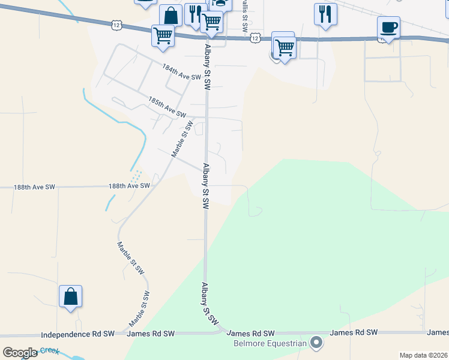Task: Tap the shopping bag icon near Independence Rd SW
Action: pyautogui.click(x=70, y=296)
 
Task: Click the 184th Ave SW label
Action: pyautogui.click(x=181, y=73)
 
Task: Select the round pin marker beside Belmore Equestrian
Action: pyautogui.click(x=316, y=343)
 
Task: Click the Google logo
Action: pyautogui.click(x=20, y=352)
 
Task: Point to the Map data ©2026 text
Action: pyautogui.click(x=424, y=355)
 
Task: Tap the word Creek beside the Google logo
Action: pyautogui.click(x=51, y=350)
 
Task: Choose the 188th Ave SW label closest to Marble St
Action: pyautogui.click(x=129, y=186)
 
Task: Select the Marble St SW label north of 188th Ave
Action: pyautogui.click(x=181, y=139)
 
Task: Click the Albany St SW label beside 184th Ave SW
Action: pyautogui.click(x=207, y=67)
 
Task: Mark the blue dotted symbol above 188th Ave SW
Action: pyautogui.click(x=136, y=176)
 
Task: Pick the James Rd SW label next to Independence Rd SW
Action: pyautogui.click(x=151, y=333)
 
